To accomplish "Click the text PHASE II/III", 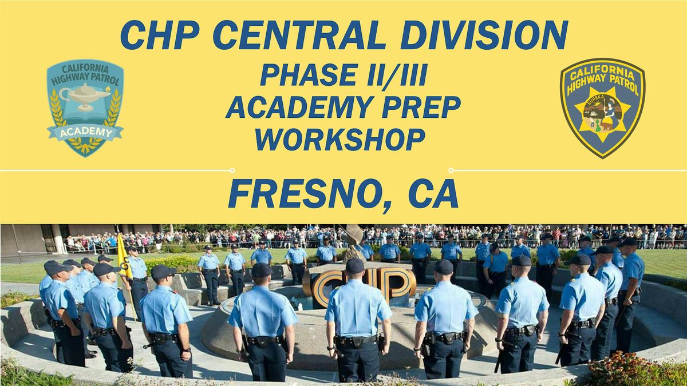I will click(343, 75).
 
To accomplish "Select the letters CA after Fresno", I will click(433, 194).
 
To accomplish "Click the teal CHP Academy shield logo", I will click(85, 107).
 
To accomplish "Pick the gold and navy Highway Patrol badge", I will click(602, 107).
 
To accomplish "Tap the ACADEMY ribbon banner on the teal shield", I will click(85, 133).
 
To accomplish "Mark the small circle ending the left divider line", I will click(232, 170).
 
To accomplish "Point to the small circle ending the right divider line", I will click(451, 170).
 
